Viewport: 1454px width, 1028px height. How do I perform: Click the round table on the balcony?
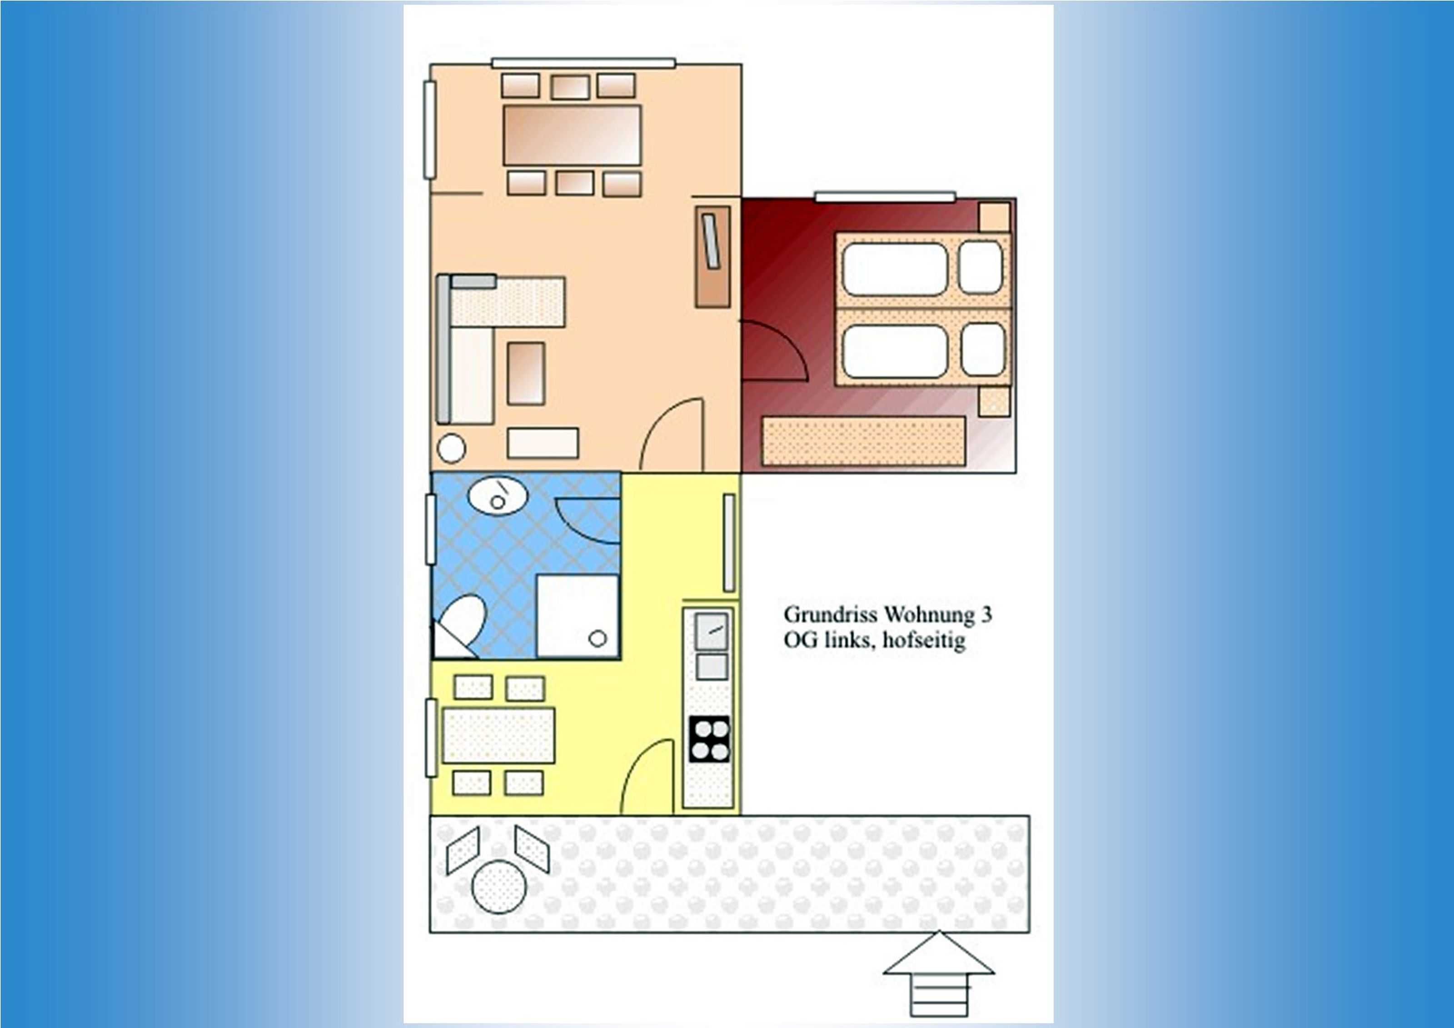click(499, 886)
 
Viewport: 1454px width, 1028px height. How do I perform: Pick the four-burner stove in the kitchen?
click(709, 739)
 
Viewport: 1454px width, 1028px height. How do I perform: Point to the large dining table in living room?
click(572, 135)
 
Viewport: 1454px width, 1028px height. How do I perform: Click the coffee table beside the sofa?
click(526, 373)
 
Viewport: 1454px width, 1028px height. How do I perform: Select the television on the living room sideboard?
click(711, 241)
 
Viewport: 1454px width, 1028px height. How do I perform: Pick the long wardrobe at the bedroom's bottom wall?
click(864, 441)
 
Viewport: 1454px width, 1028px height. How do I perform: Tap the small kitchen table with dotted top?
click(499, 735)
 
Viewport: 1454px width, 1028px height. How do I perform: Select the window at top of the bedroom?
click(885, 197)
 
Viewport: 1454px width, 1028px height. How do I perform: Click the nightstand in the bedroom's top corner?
click(994, 217)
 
